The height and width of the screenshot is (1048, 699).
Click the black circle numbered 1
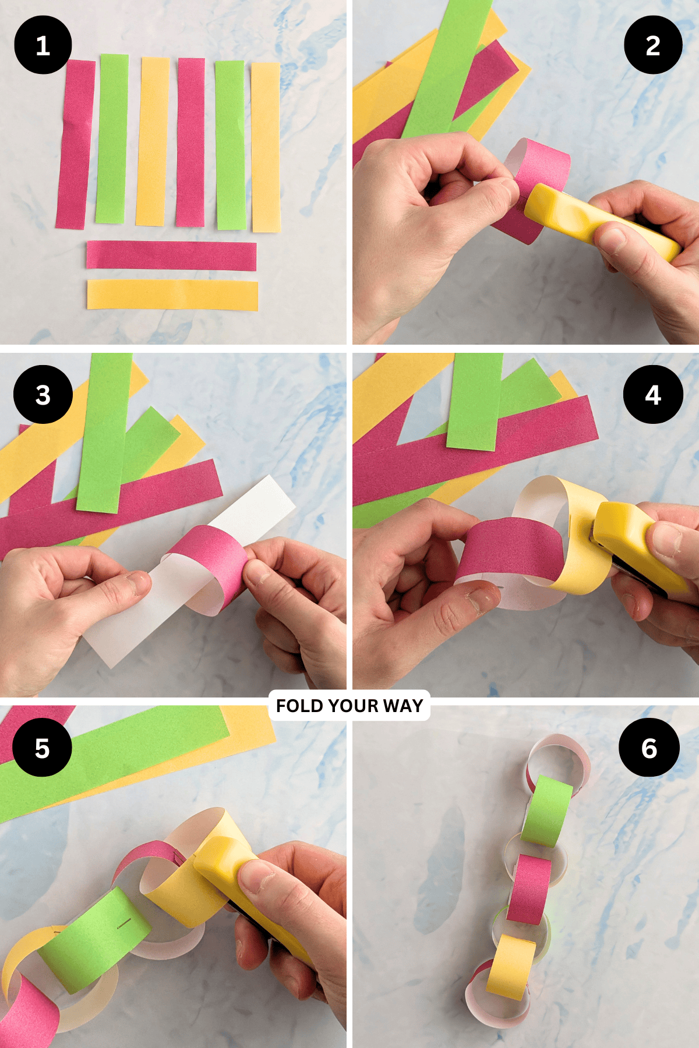43,45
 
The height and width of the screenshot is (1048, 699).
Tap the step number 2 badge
653,45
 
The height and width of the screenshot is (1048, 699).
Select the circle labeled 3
43,395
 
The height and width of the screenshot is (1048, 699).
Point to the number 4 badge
653,395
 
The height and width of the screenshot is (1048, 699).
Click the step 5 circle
42,748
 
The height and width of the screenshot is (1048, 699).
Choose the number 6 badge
649,748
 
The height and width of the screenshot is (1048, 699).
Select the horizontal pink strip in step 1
171,256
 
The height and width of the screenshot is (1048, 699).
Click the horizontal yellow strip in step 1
172,295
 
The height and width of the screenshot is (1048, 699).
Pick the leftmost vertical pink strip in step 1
76,144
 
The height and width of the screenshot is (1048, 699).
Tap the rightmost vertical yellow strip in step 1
266,147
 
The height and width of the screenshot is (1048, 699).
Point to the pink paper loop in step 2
539,175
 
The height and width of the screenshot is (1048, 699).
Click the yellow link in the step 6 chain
511,966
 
